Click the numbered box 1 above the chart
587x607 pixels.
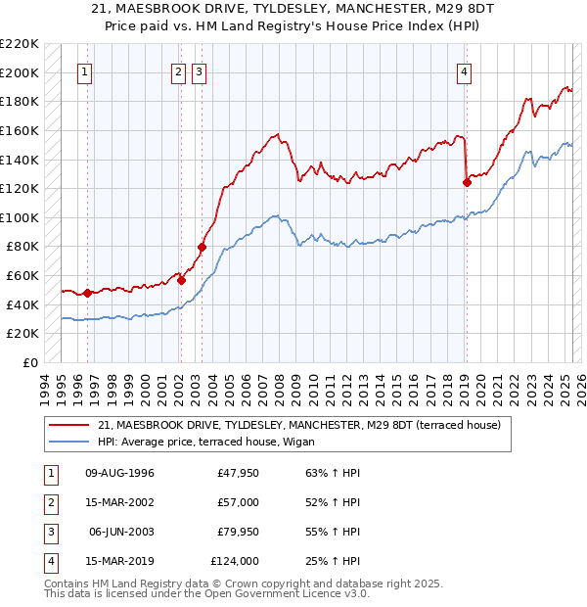(x=86, y=70)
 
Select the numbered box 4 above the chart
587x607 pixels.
(x=464, y=70)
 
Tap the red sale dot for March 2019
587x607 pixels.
(x=467, y=181)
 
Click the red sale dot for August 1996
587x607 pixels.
(x=87, y=293)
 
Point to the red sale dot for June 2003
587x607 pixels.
(x=203, y=247)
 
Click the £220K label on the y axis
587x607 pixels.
(x=20, y=44)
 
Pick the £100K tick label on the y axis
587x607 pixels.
(x=20, y=217)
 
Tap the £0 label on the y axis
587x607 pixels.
(x=30, y=362)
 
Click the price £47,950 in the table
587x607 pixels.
(x=238, y=473)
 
